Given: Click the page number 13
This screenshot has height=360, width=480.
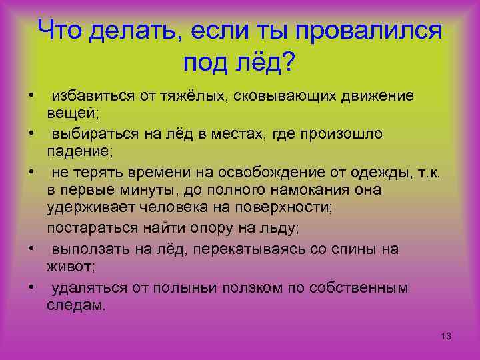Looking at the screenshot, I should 446,337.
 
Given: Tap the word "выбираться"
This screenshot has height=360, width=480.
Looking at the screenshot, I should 91,134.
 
